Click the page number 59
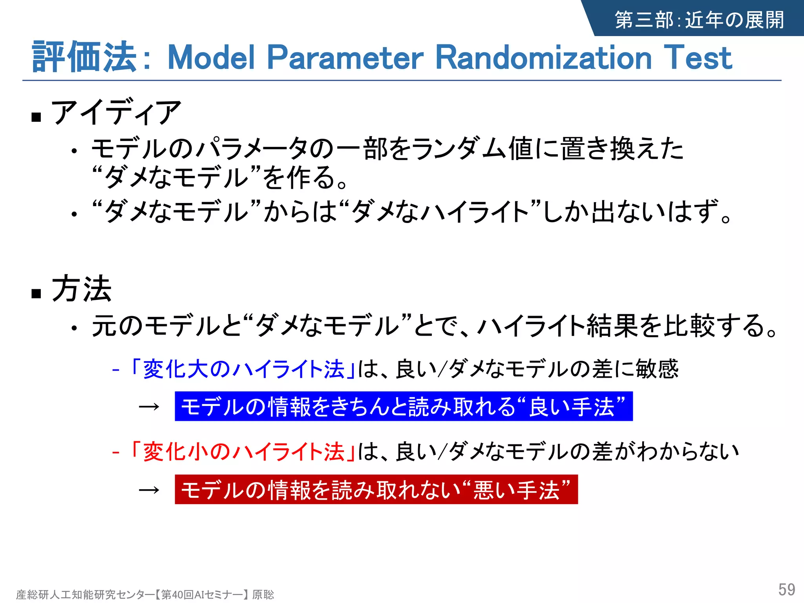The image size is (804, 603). tap(786, 589)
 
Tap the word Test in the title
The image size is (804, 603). tap(698, 58)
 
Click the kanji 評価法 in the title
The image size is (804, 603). tap(84, 57)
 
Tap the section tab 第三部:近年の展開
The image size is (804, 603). tap(699, 20)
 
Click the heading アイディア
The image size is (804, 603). tap(116, 113)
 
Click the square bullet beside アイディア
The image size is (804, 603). tap(37, 117)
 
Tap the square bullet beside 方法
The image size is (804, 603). tap(37, 293)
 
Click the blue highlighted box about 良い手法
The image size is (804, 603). tap(404, 406)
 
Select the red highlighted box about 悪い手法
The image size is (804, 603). tap(376, 490)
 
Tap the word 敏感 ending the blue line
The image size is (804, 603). tap(657, 369)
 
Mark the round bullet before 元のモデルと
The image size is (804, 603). tap(74, 328)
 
